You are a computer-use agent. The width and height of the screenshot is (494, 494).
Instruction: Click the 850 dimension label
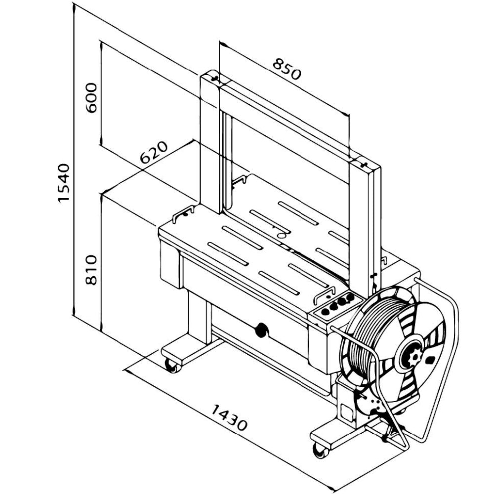pyautogui.click(x=287, y=69)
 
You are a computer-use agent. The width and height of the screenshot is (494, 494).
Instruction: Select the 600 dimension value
pyautogui.click(x=92, y=97)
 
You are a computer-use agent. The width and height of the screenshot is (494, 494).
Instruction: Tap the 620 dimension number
pyautogui.click(x=154, y=153)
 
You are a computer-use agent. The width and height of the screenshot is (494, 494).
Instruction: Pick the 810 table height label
pyautogui.click(x=91, y=270)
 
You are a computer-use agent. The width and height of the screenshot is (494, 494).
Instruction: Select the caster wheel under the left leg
pyautogui.click(x=172, y=366)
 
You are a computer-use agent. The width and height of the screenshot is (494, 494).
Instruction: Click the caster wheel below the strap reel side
pyautogui.click(x=320, y=450)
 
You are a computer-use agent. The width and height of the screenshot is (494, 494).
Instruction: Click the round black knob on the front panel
pyautogui.click(x=260, y=330)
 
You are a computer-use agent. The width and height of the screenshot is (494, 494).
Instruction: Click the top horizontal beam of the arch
pyautogui.click(x=291, y=121)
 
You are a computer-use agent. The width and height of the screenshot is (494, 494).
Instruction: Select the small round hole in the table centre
pyautogui.click(x=281, y=236)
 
